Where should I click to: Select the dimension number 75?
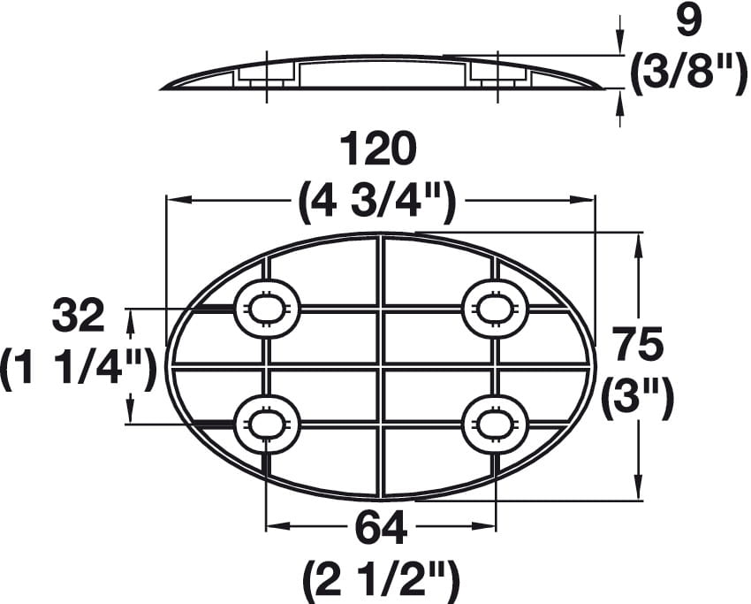(640, 343)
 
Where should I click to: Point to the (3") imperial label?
(639, 398)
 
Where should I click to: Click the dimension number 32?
(78, 316)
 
